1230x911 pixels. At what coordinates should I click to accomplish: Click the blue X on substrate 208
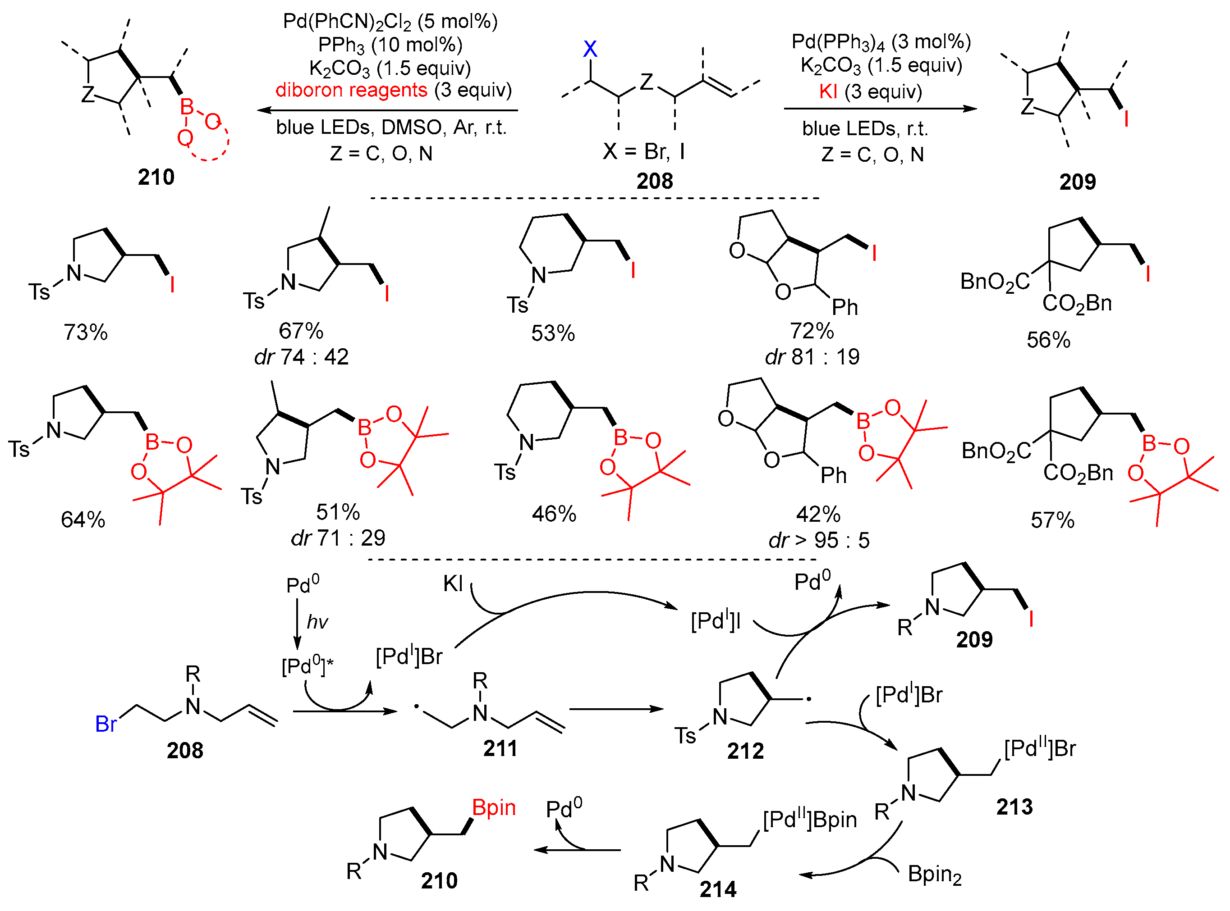(589, 49)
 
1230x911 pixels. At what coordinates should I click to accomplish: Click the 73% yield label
(86, 333)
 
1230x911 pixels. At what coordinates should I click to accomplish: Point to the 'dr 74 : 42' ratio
(301, 357)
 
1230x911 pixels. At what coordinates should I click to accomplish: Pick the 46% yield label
(554, 514)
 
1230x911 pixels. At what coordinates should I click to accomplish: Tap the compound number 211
(500, 749)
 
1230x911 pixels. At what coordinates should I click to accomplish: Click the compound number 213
(1014, 807)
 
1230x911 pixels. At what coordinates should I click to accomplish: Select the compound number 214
(717, 889)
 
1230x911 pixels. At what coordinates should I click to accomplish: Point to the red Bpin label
(493, 808)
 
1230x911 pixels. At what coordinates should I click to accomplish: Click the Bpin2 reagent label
(934, 875)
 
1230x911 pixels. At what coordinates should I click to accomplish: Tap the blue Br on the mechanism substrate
(106, 724)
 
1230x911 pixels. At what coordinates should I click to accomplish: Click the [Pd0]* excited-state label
(307, 666)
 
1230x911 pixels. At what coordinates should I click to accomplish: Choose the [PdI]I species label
(715, 621)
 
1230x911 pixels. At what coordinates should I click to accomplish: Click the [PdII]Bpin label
(809, 820)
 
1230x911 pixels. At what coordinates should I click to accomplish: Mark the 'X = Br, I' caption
(643, 151)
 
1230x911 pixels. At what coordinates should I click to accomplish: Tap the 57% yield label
(1052, 520)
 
